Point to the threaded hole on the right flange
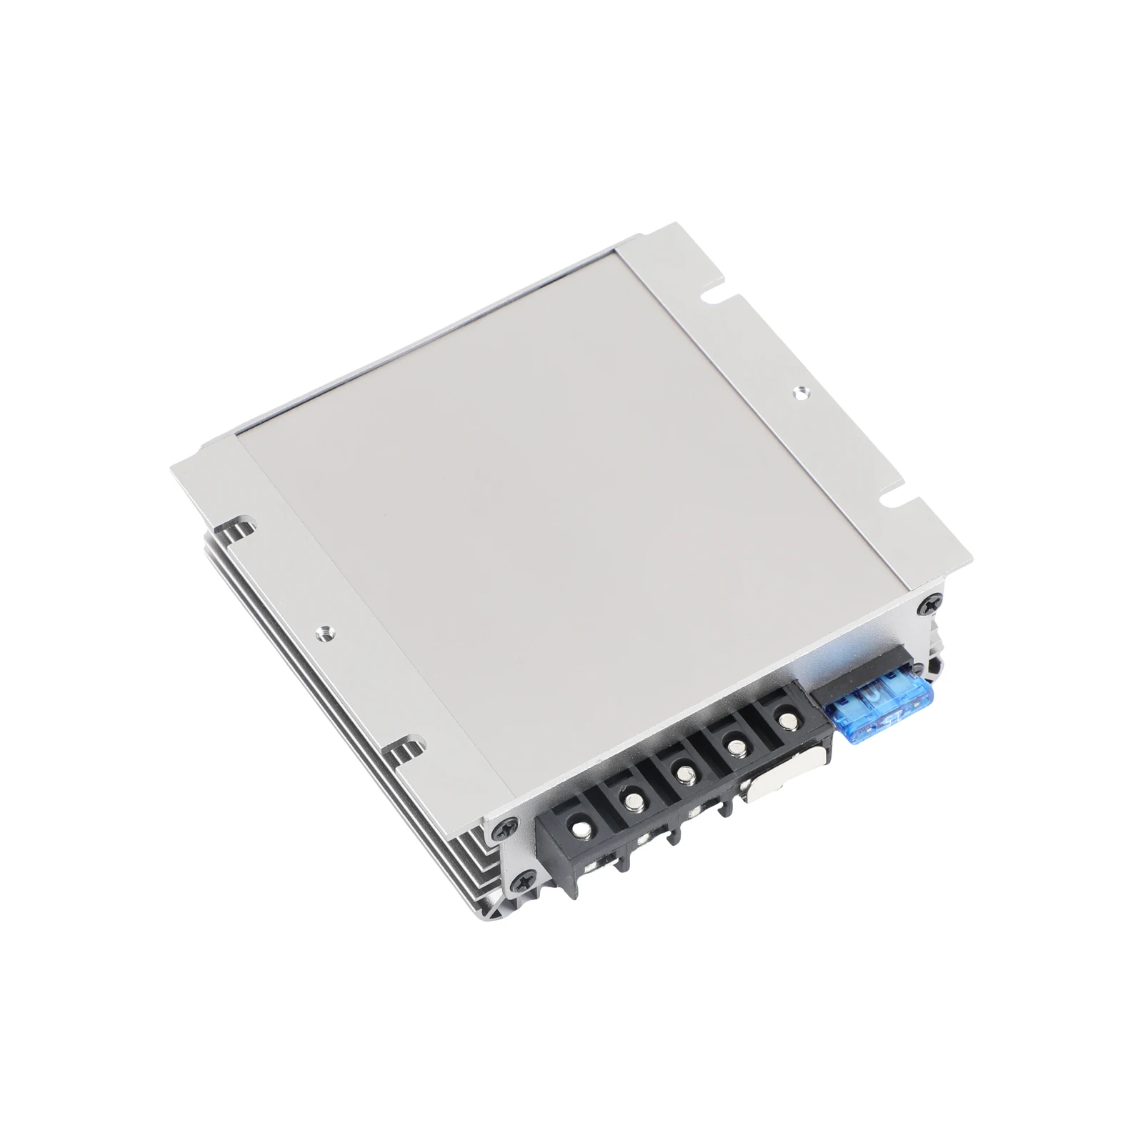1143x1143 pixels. [799, 391]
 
